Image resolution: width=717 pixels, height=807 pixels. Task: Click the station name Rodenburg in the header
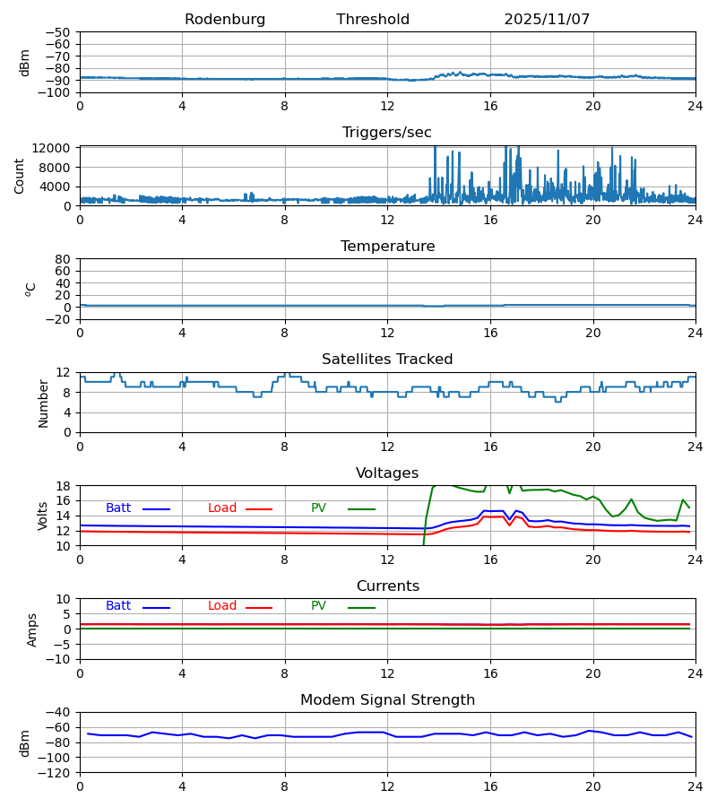pos(225,20)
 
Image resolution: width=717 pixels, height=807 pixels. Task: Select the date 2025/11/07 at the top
pos(547,20)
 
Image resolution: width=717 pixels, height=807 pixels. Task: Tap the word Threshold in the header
pos(373,20)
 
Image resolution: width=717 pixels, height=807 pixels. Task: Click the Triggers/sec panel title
pos(387,133)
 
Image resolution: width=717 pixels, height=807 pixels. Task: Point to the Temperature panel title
pos(387,247)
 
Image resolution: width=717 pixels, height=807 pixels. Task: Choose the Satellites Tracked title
pos(387,360)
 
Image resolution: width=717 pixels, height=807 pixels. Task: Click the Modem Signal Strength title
pos(387,700)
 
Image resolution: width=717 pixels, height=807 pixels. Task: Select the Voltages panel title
pos(387,473)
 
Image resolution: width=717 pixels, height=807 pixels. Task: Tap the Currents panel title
pos(387,586)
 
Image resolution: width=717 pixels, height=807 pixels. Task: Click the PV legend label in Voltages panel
pos(318,508)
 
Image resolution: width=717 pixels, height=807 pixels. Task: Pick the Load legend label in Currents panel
pos(222,606)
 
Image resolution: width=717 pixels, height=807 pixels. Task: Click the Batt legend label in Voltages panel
pos(118,508)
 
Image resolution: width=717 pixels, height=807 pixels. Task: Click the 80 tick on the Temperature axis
pos(63,259)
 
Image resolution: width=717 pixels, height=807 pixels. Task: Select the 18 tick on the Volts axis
pos(64,486)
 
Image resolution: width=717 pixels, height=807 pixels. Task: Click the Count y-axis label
pos(20,176)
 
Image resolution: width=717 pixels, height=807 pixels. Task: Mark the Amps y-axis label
pos(32,629)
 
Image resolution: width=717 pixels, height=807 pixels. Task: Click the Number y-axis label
pos(44,403)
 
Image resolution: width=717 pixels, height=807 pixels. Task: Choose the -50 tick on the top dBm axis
pos(58,32)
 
